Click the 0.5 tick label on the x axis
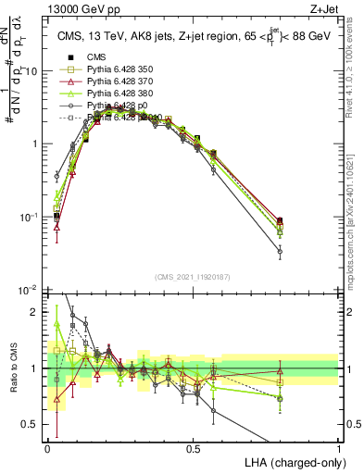click(193, 448)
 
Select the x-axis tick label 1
click(338, 448)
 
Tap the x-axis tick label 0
click(47, 448)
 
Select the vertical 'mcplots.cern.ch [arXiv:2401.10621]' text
click(349, 213)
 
